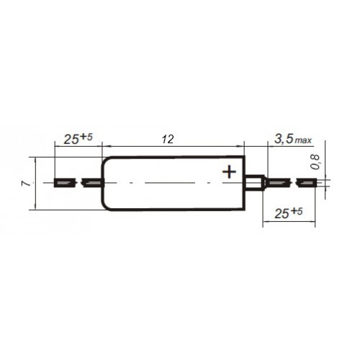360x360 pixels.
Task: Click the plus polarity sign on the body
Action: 229,172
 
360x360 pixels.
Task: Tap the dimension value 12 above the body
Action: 168,140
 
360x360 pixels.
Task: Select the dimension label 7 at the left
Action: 27,184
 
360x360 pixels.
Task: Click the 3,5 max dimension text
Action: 293,139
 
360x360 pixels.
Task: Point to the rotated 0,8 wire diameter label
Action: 315,162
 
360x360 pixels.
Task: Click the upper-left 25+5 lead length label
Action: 78,139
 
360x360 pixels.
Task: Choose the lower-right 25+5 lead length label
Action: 289,213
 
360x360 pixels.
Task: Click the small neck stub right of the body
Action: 254,183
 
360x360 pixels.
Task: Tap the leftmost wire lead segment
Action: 65,183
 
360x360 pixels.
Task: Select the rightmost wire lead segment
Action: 307,183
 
